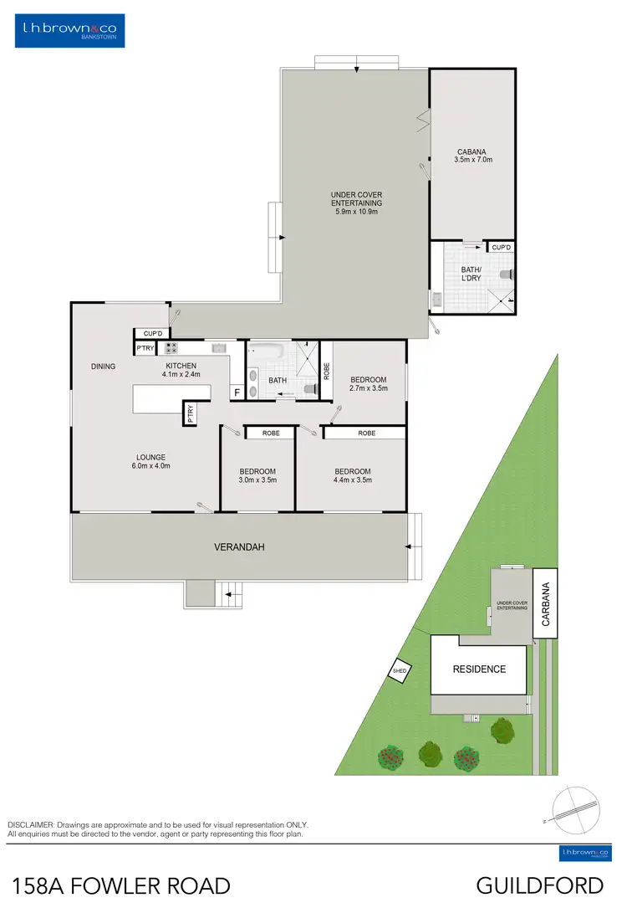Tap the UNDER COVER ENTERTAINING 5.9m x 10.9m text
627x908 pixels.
[356, 203]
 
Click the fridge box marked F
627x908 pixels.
[237, 392]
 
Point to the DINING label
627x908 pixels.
[103, 367]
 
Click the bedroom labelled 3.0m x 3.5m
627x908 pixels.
[257, 475]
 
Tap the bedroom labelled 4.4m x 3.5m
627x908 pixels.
[351, 475]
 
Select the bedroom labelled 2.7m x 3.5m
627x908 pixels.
[368, 384]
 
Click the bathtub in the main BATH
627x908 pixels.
[267, 351]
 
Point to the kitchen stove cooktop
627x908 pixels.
[171, 347]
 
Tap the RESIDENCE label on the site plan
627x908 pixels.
[479, 669]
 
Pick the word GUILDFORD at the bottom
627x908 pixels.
[540, 885]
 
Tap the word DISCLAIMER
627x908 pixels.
[31, 825]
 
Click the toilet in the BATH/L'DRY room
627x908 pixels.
[506, 274]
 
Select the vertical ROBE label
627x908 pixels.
[326, 368]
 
